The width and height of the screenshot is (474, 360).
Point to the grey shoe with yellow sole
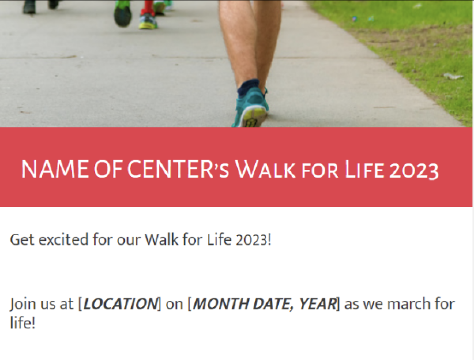click(x=148, y=22)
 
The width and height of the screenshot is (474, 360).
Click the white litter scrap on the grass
click(x=453, y=76)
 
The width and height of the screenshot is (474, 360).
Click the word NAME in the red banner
click(x=55, y=169)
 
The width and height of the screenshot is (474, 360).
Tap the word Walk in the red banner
click(x=265, y=169)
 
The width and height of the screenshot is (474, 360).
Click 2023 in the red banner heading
click(x=414, y=171)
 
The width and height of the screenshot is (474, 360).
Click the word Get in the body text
click(x=22, y=240)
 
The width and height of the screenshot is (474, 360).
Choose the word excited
click(x=64, y=240)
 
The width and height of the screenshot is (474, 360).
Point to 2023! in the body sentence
click(x=253, y=240)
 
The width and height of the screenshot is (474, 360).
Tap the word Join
click(x=23, y=304)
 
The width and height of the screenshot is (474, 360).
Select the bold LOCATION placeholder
click(x=120, y=304)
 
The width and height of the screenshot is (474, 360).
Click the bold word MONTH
click(x=221, y=304)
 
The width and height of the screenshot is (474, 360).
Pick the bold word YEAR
click(x=318, y=304)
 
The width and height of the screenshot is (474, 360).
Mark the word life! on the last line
click(x=23, y=322)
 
